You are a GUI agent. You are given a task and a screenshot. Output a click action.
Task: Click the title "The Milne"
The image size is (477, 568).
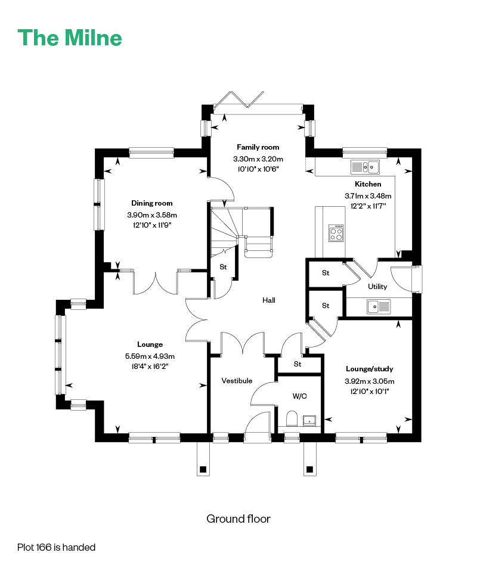pyautogui.click(x=70, y=38)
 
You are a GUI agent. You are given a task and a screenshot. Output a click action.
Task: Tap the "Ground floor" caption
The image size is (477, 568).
pyautogui.click(x=238, y=519)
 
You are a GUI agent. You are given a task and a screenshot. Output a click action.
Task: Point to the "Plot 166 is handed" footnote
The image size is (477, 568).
pyautogui.click(x=56, y=547)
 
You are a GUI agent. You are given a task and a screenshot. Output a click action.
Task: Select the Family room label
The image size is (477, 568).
pyautogui.click(x=258, y=147)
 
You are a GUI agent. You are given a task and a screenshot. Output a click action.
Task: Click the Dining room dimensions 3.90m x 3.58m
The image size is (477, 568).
pyautogui.click(x=152, y=215)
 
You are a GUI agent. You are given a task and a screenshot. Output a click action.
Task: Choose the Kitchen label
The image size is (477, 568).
pyautogui.click(x=368, y=184)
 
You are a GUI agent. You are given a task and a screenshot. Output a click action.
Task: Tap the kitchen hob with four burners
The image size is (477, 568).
pyautogui.click(x=336, y=232)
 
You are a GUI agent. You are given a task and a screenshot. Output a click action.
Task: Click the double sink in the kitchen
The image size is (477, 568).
pyautogui.click(x=366, y=167)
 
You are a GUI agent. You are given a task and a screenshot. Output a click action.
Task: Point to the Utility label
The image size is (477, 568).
pyautogui.click(x=377, y=287)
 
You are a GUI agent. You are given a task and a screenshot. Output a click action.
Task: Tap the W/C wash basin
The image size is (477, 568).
pyautogui.click(x=310, y=421)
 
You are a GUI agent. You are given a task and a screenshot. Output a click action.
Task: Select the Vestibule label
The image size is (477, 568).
pyautogui.click(x=237, y=380)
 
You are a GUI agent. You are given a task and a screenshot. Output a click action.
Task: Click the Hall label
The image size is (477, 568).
pyautogui.click(x=269, y=300)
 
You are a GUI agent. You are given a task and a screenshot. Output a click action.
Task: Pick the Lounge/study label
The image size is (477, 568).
pyautogui.click(x=369, y=369)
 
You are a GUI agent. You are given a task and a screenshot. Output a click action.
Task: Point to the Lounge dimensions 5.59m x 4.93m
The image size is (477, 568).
pyautogui.click(x=150, y=356)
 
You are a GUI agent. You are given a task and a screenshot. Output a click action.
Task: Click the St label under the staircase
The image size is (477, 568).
pyautogui.click(x=223, y=267)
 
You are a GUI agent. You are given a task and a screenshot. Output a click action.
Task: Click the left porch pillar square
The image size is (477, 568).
pyautogui.click(x=203, y=469)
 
